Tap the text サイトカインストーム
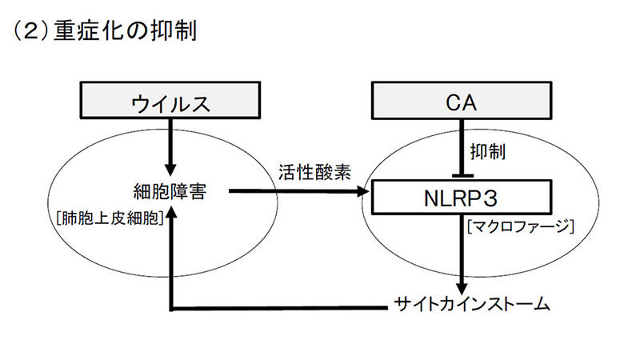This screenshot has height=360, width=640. pos(474,305)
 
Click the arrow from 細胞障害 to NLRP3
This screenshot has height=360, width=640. pos(296,191)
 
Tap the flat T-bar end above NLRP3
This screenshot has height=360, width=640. pos(463,175)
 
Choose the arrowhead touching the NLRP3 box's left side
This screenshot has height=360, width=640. pos(368,191)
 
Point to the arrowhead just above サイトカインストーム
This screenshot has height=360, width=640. pos(463,286)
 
